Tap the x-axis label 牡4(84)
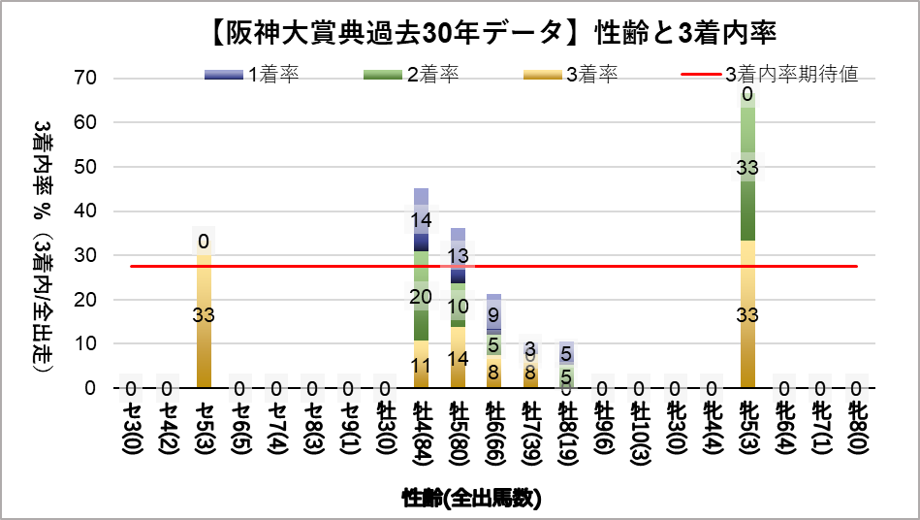[x=422, y=427]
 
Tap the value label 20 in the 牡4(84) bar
[x=422, y=296]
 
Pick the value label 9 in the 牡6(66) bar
[x=493, y=314]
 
